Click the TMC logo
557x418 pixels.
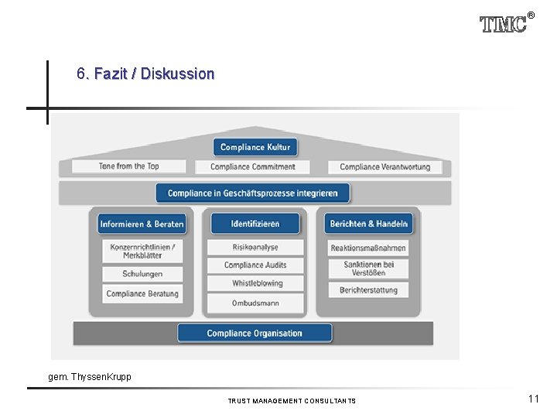504,24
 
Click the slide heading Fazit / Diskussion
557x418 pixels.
145,74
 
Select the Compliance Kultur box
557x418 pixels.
255,147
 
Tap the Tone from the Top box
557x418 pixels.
129,166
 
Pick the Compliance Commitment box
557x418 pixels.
253,166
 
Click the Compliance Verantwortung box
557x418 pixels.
384,166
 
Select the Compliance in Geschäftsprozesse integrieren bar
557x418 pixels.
253,193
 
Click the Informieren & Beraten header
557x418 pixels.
142,224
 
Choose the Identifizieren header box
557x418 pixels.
255,224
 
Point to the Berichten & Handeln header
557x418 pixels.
368,224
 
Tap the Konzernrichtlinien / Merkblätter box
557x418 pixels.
142,251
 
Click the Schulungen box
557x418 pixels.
142,274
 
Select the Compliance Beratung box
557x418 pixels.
142,293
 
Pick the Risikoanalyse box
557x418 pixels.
255,248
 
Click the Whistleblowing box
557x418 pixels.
255,283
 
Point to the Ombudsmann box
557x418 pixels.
255,303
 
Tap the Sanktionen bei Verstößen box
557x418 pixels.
368,268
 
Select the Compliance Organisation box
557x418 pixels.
255,334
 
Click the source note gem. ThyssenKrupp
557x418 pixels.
90,377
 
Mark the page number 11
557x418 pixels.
534,399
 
